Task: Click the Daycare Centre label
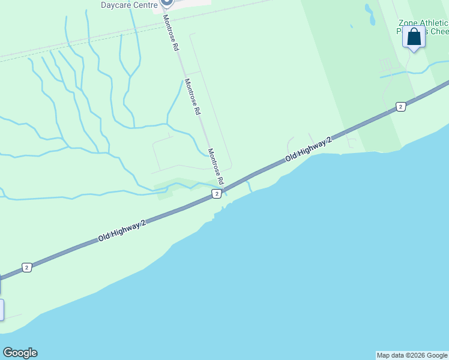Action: click(x=129, y=5)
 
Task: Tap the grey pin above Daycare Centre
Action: click(x=167, y=2)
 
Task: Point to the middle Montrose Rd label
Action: click(x=192, y=97)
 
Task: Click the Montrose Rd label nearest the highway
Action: click(x=215, y=166)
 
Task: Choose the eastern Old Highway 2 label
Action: click(x=309, y=149)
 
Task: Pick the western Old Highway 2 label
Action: click(x=122, y=231)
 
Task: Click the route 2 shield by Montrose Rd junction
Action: click(x=217, y=193)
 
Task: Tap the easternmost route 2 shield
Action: click(x=400, y=107)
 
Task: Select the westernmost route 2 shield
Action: click(x=26, y=268)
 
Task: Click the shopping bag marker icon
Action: click(x=414, y=37)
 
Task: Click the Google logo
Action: click(x=20, y=353)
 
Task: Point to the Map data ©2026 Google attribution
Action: click(x=412, y=355)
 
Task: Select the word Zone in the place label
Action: click(x=408, y=23)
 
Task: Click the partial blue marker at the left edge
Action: click(x=1, y=310)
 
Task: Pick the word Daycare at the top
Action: click(x=115, y=5)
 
